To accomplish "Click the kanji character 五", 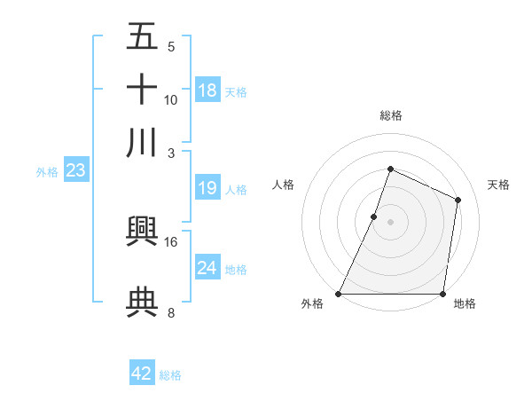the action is pos(142,37).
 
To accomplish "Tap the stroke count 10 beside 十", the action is pos(171,99).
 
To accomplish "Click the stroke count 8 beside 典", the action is pos(171,312).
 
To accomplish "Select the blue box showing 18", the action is pos(207,90).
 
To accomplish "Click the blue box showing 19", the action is pos(207,188).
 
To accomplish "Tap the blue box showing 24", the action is pos(207,268).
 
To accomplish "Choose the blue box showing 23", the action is pos(75,171).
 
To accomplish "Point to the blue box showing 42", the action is pos(142,374).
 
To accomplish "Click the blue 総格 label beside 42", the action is pos(170,375).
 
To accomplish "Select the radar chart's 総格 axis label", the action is pos(390,115).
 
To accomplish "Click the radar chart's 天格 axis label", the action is pos(498,185).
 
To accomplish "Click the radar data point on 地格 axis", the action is pos(442,294).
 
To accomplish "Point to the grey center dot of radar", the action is pos(390,222).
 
